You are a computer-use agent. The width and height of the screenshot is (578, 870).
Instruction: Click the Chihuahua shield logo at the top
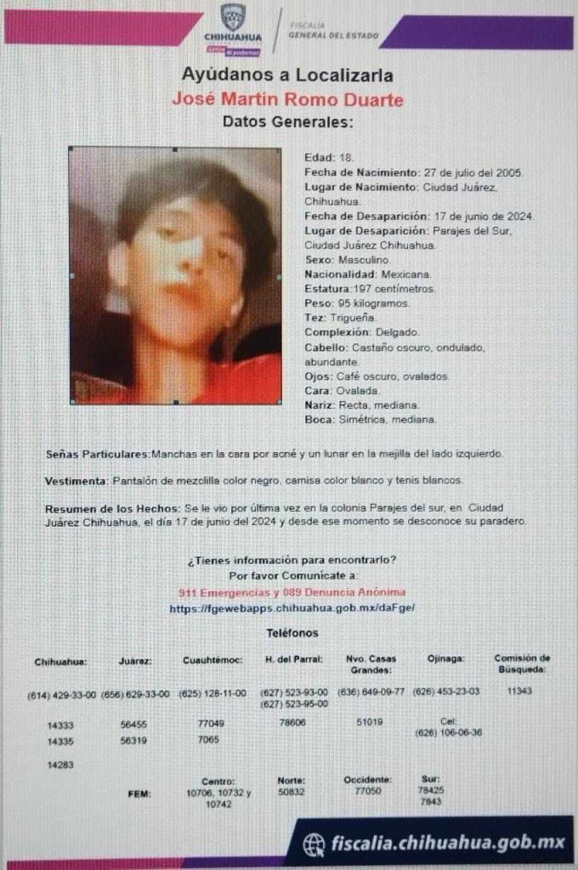[232, 17]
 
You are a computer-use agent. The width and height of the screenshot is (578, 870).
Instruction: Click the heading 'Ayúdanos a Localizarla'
[287, 76]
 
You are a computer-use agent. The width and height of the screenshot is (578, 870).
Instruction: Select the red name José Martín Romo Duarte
[287, 99]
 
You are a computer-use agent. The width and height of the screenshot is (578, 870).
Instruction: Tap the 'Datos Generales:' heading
[287, 122]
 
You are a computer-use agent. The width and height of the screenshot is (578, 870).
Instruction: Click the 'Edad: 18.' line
[322, 158]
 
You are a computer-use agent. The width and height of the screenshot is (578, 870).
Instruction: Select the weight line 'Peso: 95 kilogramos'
[357, 303]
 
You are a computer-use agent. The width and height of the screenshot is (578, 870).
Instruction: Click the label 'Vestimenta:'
[76, 481]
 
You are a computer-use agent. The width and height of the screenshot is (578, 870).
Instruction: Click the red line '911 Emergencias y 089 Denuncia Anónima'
[292, 591]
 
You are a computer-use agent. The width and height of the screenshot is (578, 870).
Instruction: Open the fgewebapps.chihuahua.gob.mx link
[292, 608]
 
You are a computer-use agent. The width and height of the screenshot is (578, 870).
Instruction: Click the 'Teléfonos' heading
[292, 633]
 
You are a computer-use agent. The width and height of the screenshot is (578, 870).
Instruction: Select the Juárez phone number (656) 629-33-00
[135, 694]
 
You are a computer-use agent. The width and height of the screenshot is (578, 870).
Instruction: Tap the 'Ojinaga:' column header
[446, 659]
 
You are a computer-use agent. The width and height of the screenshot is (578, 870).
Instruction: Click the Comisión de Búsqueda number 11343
[518, 691]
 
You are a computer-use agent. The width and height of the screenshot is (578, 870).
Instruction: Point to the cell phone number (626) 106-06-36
[448, 732]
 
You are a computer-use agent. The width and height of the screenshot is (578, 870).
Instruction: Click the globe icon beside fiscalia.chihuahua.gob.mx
[314, 844]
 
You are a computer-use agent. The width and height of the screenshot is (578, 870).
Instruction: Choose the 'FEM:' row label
[139, 794]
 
